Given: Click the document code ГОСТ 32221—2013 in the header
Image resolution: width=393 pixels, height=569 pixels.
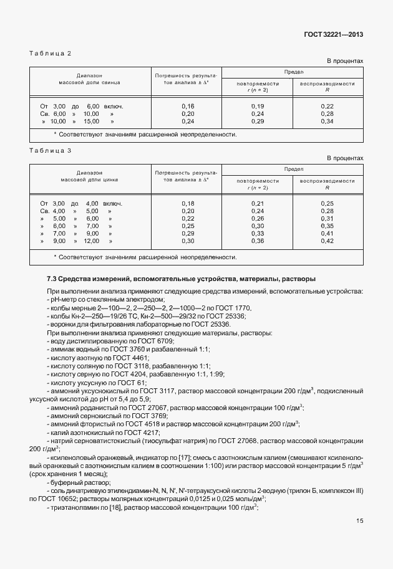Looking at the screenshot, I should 332,34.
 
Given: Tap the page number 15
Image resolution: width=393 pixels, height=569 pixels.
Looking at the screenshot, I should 359,538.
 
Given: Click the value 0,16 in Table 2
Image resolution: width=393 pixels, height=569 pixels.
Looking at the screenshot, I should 188,107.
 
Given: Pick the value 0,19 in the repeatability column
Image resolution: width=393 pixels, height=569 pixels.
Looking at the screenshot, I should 258,107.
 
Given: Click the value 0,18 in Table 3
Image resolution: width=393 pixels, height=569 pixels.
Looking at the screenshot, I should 188,204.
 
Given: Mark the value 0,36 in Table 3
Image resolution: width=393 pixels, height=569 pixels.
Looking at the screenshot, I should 258,241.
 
